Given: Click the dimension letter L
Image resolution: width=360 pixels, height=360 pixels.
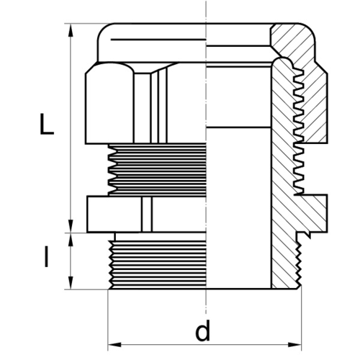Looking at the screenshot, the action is pos(47,124).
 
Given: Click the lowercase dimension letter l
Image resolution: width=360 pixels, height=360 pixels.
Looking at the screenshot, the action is pos(46,257).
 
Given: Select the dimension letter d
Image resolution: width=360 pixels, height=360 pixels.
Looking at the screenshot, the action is pos(203,330).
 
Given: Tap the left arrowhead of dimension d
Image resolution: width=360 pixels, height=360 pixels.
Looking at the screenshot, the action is pos(114,345).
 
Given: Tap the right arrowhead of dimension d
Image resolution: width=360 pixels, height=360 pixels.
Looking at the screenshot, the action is pos(295,345).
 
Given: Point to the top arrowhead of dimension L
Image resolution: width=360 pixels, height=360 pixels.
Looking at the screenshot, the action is pos(71,30).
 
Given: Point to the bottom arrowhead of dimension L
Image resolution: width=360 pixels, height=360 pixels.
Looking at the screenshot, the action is pos(71,226).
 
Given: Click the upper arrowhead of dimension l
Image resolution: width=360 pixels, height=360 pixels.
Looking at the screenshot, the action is pos(71,240).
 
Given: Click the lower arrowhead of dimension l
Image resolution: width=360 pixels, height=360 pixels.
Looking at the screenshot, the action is pos(71,283).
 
